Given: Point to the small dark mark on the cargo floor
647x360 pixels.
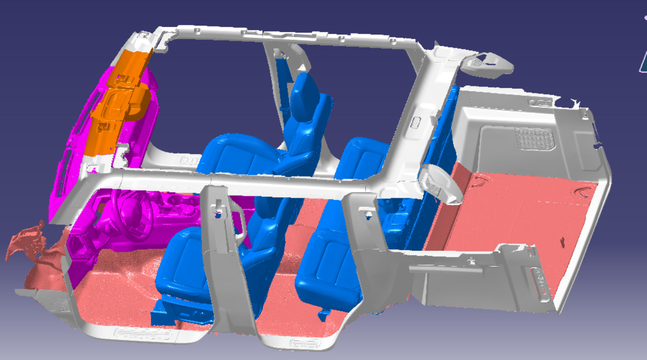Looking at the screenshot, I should point(563,239).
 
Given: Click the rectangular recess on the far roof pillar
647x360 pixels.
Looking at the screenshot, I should point(416,122).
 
